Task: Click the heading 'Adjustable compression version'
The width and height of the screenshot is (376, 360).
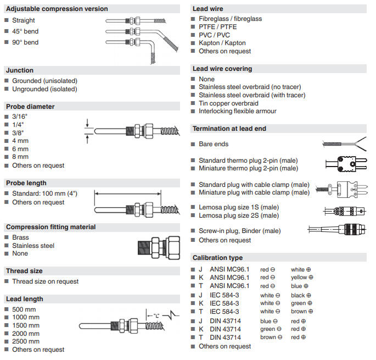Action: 57,9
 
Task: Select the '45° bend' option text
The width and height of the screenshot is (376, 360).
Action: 25,31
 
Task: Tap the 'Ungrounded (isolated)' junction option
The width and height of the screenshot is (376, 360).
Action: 44,89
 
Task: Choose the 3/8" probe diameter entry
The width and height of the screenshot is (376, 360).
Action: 19,132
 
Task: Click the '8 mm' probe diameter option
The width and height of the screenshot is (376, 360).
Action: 20,157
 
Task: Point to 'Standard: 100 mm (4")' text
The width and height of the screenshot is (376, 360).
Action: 44,193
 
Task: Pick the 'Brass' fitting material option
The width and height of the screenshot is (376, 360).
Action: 21,237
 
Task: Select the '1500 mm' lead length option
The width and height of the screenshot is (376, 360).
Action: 26,325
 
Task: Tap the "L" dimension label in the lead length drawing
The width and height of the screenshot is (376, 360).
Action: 156,315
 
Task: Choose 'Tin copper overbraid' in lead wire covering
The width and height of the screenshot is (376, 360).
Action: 228,103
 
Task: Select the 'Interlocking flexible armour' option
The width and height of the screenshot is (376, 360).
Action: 238,111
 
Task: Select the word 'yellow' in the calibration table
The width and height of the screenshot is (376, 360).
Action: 299,278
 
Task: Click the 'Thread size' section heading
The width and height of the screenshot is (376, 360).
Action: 25,271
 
